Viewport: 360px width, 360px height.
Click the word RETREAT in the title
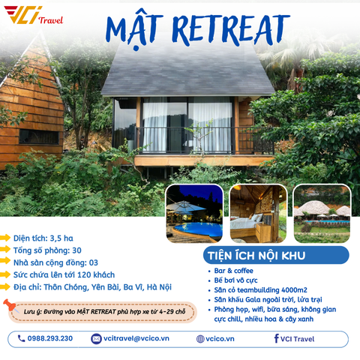tap(229, 27)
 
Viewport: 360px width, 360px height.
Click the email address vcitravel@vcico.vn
tap(136, 338)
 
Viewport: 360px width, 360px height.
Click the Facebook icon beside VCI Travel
tap(277, 338)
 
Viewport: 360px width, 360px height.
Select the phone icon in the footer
tap(21, 338)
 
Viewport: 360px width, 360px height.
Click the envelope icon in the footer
tap(96, 338)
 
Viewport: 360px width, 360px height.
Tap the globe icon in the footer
tap(200, 338)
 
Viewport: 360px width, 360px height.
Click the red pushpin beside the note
tap(10, 305)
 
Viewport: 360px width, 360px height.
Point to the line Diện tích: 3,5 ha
tap(43, 238)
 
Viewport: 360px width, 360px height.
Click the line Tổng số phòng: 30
tap(47, 250)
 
